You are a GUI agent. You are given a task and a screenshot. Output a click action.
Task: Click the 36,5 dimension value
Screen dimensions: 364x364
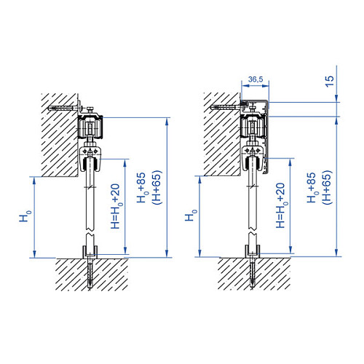(x=256, y=79)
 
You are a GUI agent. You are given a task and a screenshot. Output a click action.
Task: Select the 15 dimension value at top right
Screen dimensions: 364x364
(x=330, y=82)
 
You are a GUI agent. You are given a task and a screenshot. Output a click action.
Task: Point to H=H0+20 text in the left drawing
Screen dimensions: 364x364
(x=116, y=206)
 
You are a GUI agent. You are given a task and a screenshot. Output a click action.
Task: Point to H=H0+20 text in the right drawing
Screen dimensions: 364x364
(x=282, y=205)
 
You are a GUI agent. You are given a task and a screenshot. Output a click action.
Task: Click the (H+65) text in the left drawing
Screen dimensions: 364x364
(x=157, y=187)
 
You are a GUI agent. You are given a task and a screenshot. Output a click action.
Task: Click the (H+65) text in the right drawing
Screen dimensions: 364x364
(x=327, y=187)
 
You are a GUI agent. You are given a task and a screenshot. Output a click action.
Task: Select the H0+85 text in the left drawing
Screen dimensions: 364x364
(x=142, y=188)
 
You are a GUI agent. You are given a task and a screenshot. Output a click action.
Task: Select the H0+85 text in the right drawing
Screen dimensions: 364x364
(x=312, y=188)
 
